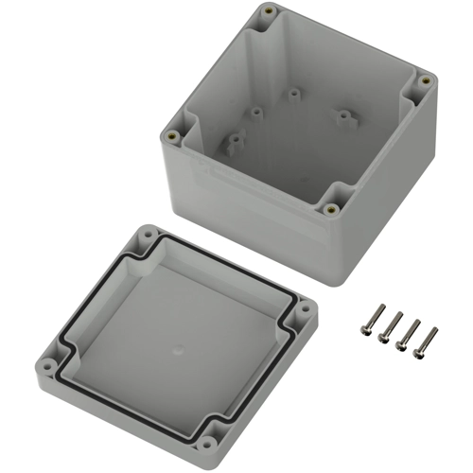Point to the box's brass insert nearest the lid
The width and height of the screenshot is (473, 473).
click(x=331, y=209)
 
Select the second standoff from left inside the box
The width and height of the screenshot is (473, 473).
click(x=254, y=112)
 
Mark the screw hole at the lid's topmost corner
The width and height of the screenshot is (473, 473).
click(x=150, y=233)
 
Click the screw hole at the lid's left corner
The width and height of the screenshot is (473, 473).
click(x=44, y=360)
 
